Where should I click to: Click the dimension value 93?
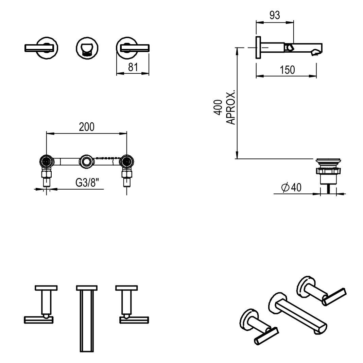click(274, 15)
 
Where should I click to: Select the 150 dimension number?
click(287, 70)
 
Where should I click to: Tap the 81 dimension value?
click(133, 67)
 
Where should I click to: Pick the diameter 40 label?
click(291, 188)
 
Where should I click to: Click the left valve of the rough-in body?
click(47, 161)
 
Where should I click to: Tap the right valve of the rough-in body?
click(127, 161)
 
